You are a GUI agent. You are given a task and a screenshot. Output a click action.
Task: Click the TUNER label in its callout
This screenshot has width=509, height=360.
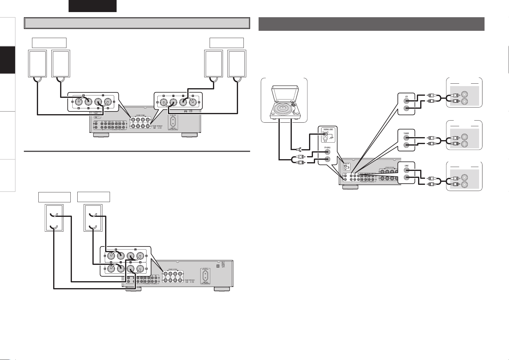[x=406, y=133]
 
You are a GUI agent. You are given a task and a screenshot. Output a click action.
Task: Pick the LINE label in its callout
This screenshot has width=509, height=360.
[x=406, y=166]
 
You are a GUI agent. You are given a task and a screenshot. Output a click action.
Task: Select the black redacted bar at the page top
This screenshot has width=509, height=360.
[x=92, y=6]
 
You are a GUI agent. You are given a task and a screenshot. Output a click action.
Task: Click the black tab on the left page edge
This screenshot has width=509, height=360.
[x=7, y=60]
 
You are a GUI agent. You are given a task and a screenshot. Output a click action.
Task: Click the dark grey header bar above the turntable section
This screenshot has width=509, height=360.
[x=371, y=24]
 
